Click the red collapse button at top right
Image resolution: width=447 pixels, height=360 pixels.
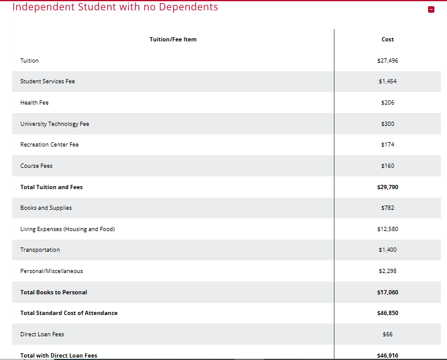click(x=431, y=10)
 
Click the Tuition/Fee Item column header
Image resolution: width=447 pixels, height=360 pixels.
click(x=173, y=40)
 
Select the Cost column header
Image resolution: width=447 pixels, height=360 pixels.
click(x=387, y=40)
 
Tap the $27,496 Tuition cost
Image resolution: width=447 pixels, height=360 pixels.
click(x=387, y=61)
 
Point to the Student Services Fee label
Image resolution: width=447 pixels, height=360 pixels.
click(x=47, y=81)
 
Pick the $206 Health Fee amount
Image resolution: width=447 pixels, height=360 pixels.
click(x=387, y=103)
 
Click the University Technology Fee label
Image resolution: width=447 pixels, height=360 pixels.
click(x=55, y=124)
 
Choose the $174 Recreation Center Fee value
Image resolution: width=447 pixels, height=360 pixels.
click(x=387, y=145)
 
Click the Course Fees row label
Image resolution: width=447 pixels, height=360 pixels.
click(x=36, y=166)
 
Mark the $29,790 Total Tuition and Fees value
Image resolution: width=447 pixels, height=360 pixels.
click(x=387, y=187)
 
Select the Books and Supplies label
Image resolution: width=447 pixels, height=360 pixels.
click(x=46, y=208)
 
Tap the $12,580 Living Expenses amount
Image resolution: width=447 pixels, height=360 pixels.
click(x=387, y=229)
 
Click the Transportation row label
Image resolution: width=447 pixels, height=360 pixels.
click(x=40, y=250)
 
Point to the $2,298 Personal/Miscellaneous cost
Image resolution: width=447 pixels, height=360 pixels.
click(x=387, y=271)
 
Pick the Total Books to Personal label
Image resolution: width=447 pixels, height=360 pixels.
click(x=54, y=292)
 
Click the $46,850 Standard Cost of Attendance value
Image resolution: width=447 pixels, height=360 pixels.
click(x=387, y=313)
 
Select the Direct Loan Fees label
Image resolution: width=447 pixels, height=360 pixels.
click(x=42, y=334)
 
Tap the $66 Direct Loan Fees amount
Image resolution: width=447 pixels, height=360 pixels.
click(x=387, y=334)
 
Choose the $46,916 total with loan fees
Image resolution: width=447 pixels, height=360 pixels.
click(x=387, y=355)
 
